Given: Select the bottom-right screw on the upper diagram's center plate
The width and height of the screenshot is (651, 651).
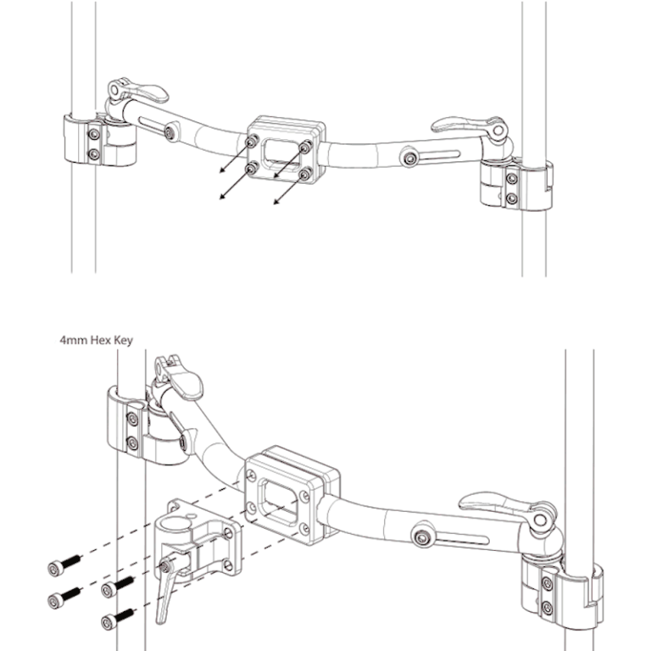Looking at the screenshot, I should tap(304, 174).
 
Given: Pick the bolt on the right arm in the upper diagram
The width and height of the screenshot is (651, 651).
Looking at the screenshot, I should tap(410, 159).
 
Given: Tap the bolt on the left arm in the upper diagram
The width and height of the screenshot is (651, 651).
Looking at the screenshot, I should tap(172, 133).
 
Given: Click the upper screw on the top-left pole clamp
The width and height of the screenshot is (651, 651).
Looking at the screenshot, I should tap(94, 134).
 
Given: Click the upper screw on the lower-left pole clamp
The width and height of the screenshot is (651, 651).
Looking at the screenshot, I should tap(132, 420).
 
